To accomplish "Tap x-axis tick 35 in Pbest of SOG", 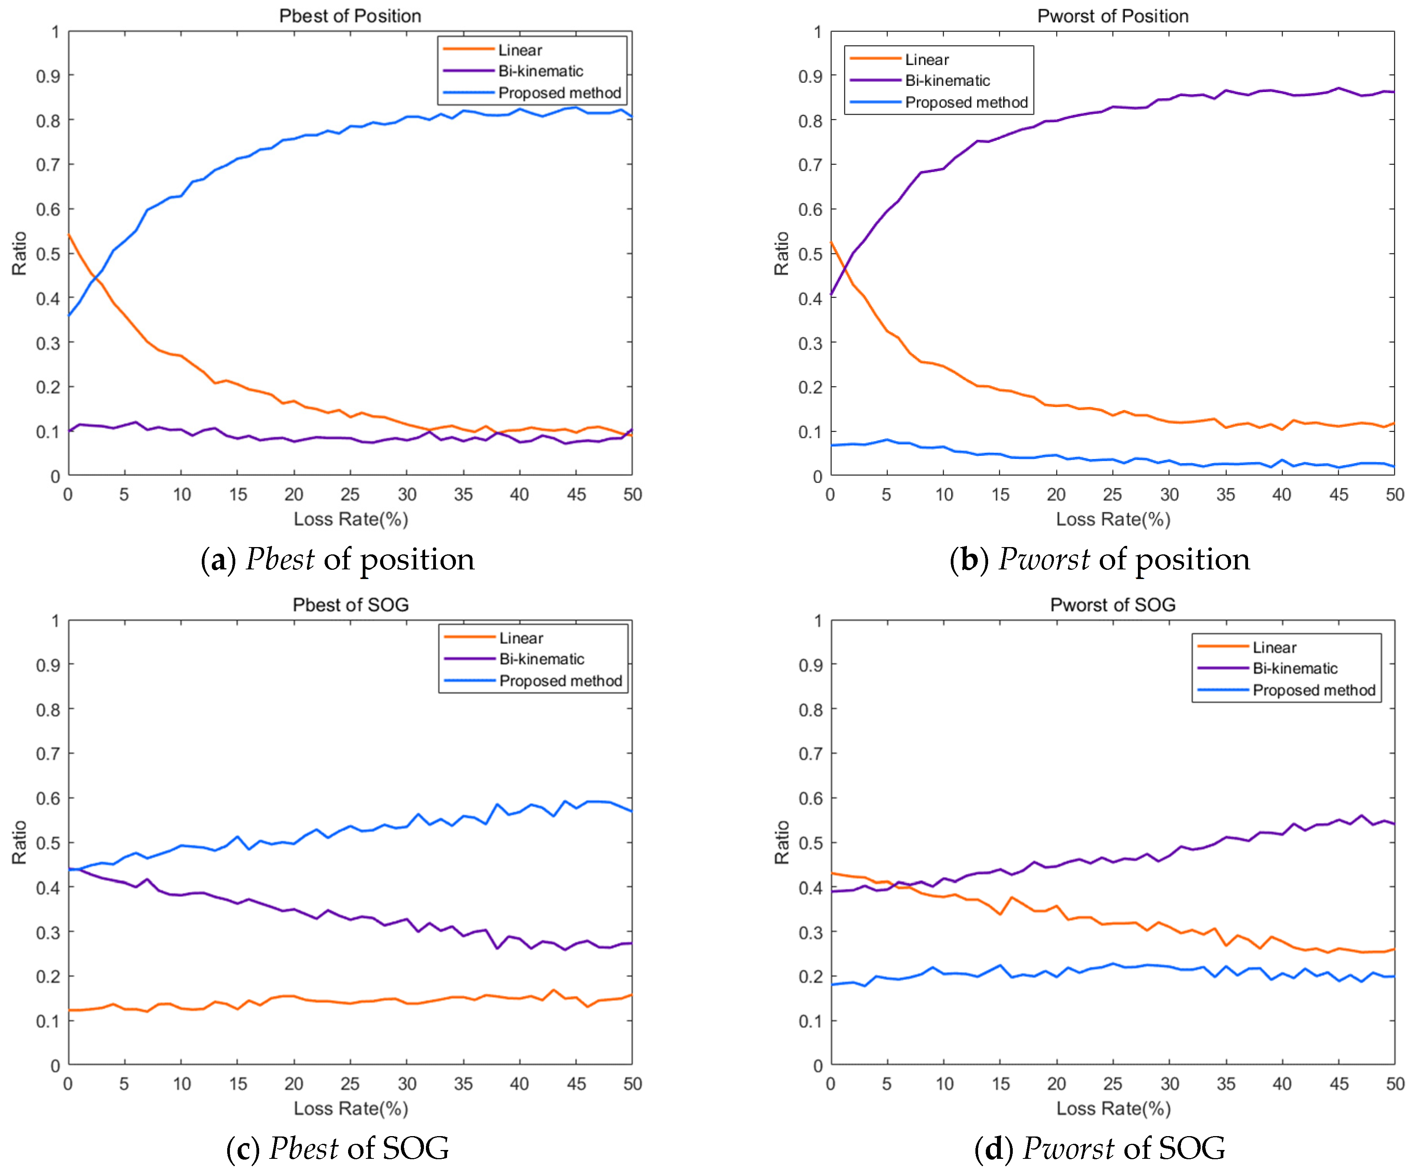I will click(463, 1084).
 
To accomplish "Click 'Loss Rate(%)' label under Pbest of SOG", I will click(350, 1109).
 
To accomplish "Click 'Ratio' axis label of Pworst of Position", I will click(781, 253).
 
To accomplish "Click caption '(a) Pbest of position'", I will click(337, 559).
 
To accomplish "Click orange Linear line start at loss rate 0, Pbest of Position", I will click(69, 235).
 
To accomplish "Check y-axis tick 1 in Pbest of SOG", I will click(55, 621).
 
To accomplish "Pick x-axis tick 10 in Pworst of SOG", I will click(944, 1084).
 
